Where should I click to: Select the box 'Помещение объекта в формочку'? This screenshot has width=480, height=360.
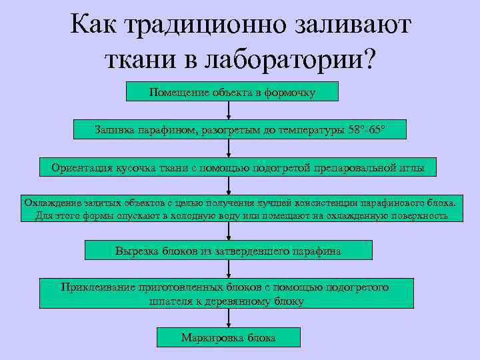(232, 92)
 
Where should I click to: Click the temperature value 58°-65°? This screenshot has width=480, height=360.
(366, 129)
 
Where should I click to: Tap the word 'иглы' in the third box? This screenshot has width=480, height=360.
(411, 167)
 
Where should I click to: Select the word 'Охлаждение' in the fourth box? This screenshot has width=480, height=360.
(53, 202)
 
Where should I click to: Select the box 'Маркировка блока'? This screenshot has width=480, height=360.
(229, 337)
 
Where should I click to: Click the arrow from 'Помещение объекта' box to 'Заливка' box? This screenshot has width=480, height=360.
(229, 111)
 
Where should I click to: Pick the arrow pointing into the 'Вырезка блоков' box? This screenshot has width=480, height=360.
(229, 231)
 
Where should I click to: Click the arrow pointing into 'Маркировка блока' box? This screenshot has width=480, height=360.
(229, 319)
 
